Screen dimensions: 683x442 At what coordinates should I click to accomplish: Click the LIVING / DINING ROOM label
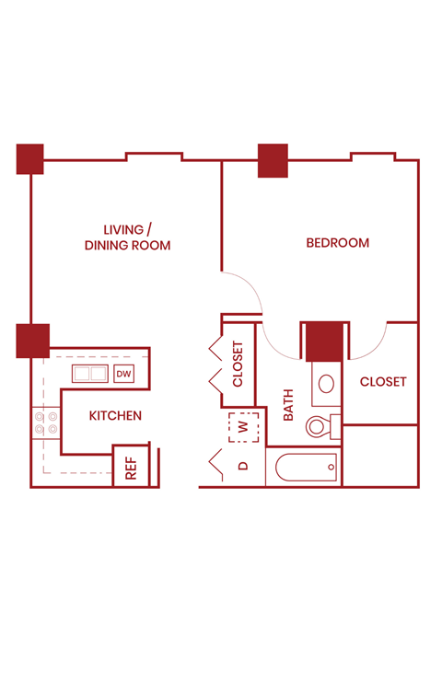tap(127, 237)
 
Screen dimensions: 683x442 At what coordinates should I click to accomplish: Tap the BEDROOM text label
tap(337, 243)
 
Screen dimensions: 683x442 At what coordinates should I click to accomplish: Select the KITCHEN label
tap(115, 416)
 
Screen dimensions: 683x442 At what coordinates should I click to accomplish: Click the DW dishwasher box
tap(123, 374)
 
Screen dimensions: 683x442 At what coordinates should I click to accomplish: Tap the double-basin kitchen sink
tap(90, 374)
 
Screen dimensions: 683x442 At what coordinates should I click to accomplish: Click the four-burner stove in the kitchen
tap(46, 423)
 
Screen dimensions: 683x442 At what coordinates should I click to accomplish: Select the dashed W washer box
tap(244, 428)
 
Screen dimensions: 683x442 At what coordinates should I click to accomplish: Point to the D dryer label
tap(244, 466)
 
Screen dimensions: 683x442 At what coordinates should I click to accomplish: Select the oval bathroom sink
tap(326, 385)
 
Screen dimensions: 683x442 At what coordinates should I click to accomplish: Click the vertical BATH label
tap(288, 405)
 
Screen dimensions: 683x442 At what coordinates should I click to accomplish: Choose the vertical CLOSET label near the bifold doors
tap(238, 364)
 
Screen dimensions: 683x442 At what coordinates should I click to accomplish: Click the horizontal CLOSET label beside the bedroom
tap(382, 382)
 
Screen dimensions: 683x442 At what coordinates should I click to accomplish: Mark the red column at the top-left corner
tap(29, 158)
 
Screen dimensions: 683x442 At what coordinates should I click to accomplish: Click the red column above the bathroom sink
tap(323, 341)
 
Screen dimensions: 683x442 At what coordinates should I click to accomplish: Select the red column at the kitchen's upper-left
tap(32, 341)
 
